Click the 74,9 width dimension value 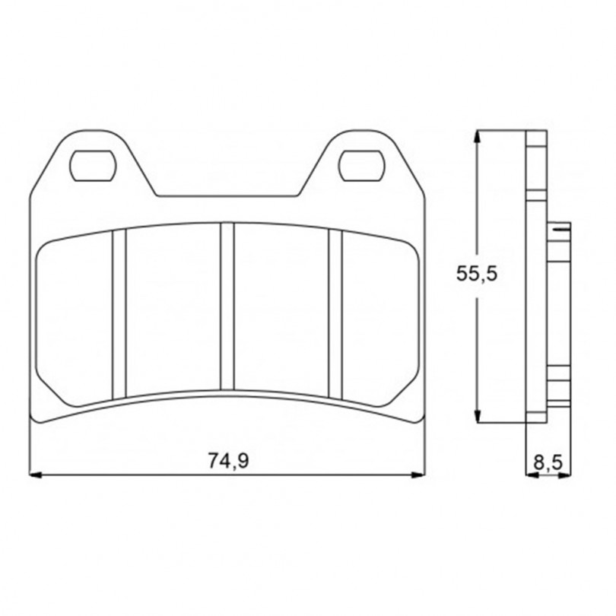click(x=228, y=460)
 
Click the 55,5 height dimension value click(x=477, y=274)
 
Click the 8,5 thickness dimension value click(x=548, y=462)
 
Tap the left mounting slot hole click(x=93, y=165)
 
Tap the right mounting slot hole click(x=362, y=165)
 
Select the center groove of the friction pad click(x=227, y=306)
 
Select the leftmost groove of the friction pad click(x=119, y=314)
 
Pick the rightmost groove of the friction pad click(x=335, y=314)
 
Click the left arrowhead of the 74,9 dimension click(x=36, y=475)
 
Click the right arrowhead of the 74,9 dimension click(x=419, y=475)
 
